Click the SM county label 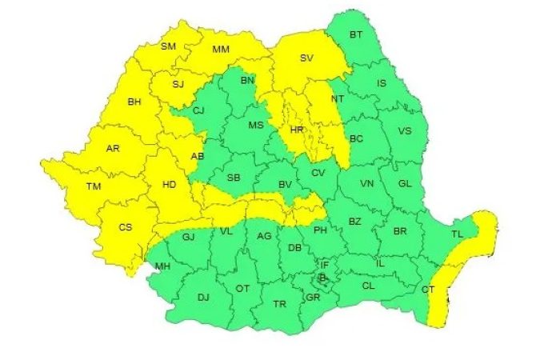[169, 46]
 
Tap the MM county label [222, 50]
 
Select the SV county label [306, 58]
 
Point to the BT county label [357, 34]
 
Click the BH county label [134, 102]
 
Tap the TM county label [94, 187]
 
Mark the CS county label [126, 227]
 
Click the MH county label [162, 266]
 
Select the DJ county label [203, 298]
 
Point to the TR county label [280, 305]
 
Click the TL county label [457, 235]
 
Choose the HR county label [297, 130]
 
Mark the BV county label [283, 185]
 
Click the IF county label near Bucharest [325, 264]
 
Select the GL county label [405, 184]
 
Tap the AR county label [114, 149]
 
